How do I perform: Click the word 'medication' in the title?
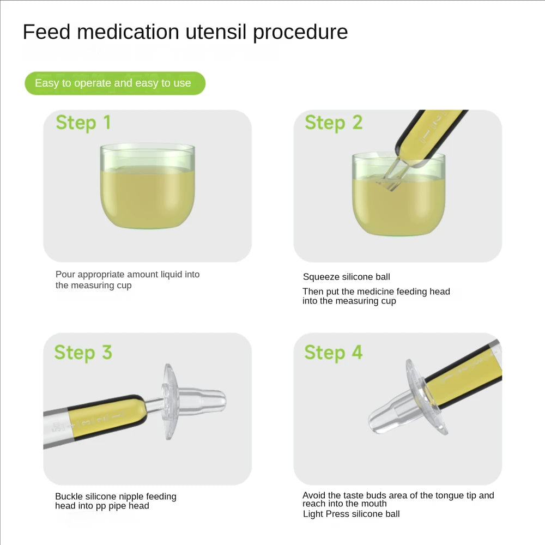[x=128, y=32]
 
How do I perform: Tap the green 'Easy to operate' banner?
[x=115, y=83]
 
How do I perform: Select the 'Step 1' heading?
[x=83, y=122]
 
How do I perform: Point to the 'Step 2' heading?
[x=334, y=122]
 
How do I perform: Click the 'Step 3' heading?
[x=83, y=352]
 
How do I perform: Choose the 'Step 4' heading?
[x=334, y=352]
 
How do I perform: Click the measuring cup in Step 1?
[x=147, y=186]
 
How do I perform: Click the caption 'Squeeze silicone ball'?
[x=346, y=277]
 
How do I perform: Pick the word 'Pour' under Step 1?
[x=65, y=274]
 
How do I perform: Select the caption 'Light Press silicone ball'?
[x=351, y=514]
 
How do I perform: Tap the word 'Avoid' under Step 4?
[x=313, y=495]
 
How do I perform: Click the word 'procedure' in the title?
[x=300, y=33]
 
